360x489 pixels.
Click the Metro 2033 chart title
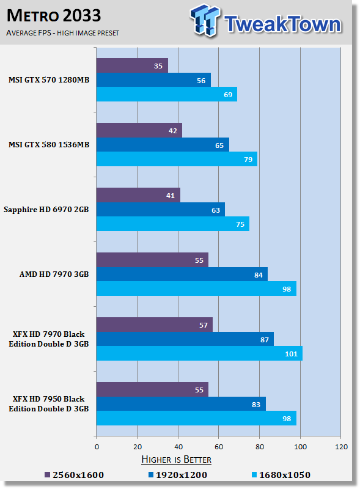(x=54, y=16)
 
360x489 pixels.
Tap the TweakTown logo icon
(x=205, y=21)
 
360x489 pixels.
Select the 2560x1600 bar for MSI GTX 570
(x=132, y=65)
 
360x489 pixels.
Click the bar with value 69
(x=167, y=94)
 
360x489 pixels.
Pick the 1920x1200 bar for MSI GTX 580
(x=163, y=145)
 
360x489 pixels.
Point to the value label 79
(x=248, y=160)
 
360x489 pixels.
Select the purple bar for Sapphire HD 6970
(x=138, y=195)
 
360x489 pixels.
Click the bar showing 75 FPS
(x=173, y=224)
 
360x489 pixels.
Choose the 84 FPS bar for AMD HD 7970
(x=182, y=274)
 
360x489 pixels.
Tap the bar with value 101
(x=199, y=353)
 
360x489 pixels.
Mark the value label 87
(x=265, y=340)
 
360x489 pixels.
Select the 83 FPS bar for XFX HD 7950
(x=181, y=404)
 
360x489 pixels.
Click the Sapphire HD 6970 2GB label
(x=46, y=210)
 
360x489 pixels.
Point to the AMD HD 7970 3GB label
(x=54, y=274)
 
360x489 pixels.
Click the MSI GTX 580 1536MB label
(x=49, y=145)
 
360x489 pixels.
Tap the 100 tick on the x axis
(x=301, y=447)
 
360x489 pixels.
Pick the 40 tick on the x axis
(x=178, y=447)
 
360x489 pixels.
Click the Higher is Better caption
(x=176, y=460)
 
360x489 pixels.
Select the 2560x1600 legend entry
(x=74, y=475)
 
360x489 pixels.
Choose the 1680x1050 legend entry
(x=281, y=475)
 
